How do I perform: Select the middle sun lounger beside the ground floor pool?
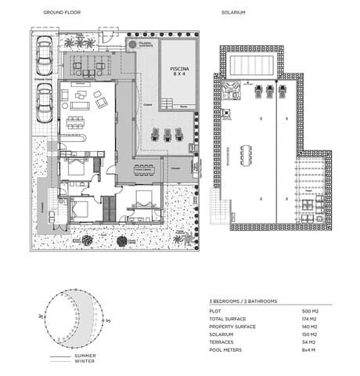click(167, 135)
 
